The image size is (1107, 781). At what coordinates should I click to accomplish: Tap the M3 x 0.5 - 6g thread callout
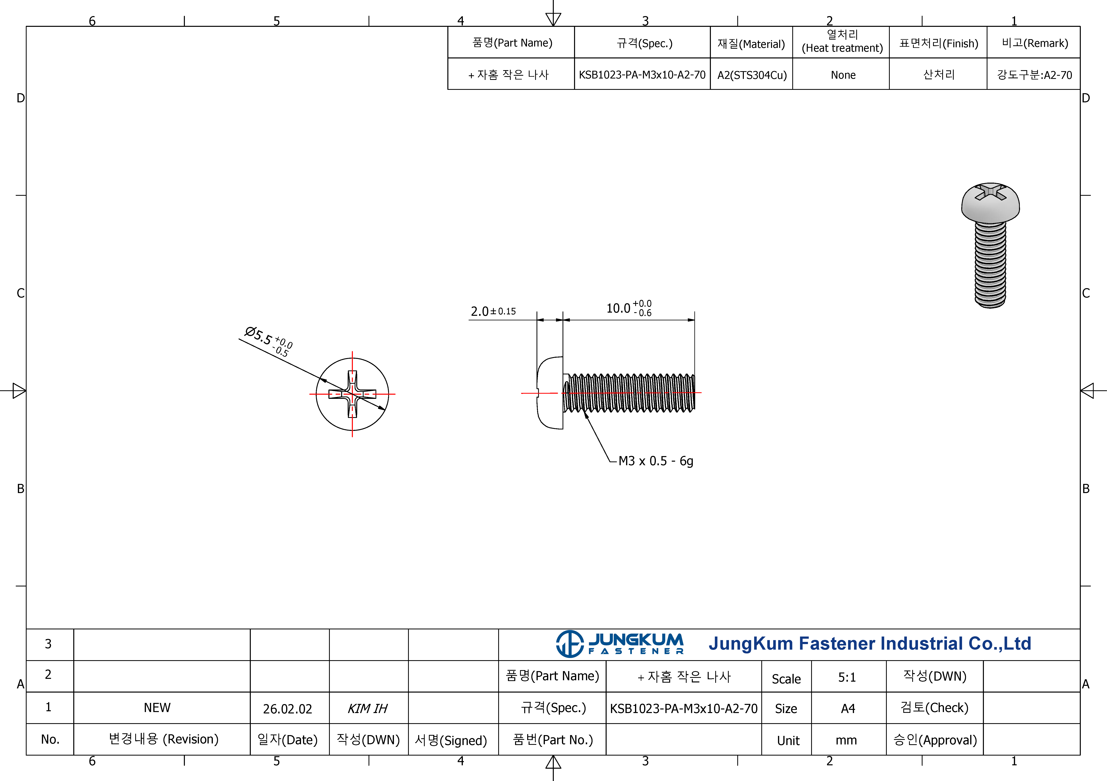pos(656,461)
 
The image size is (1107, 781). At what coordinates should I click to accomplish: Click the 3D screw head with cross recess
pos(990,203)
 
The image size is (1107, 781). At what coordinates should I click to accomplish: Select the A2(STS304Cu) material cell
pos(752,75)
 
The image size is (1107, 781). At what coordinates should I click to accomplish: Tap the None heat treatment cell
pos(843,75)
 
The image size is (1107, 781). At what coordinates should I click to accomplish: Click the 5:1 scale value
pos(847,677)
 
